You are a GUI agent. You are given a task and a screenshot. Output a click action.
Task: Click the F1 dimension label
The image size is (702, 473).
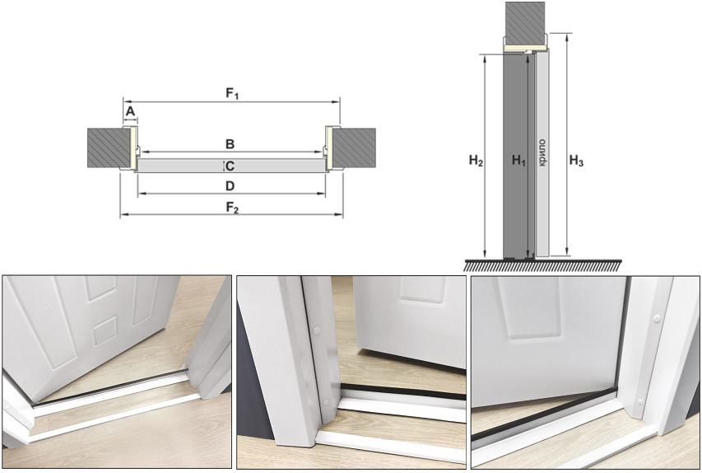pyautogui.click(x=232, y=94)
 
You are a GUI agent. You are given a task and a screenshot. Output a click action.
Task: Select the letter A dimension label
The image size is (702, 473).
pyautogui.click(x=130, y=111)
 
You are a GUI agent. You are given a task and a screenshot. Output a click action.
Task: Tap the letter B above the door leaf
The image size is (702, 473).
pyautogui.click(x=230, y=144)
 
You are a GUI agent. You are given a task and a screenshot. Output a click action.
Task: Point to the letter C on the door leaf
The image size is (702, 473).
pyautogui.click(x=230, y=166)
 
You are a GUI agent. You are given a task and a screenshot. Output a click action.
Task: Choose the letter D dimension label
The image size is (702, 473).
pyautogui.click(x=230, y=185)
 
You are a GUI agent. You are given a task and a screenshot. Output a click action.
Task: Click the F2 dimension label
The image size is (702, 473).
pyautogui.click(x=232, y=208)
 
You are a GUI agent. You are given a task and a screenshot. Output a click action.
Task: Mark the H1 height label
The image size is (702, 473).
pyautogui.click(x=518, y=161)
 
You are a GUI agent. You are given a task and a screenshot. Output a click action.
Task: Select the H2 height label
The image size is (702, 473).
pyautogui.click(x=476, y=161)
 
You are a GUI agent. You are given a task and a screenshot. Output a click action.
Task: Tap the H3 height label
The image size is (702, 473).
pyautogui.click(x=576, y=161)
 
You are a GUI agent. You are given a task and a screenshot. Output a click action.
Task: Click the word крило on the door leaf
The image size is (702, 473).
pyautogui.click(x=542, y=153)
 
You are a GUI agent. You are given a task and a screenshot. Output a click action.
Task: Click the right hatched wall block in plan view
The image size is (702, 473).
pyautogui.click(x=353, y=148)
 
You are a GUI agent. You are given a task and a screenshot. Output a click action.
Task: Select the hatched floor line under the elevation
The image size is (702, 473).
pyautogui.click(x=542, y=265)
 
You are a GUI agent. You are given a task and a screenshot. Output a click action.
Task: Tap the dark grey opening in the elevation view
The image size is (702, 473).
pyautogui.click(x=514, y=156)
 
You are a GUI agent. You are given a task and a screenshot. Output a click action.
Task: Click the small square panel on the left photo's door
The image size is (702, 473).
pyautogui.click(x=105, y=331)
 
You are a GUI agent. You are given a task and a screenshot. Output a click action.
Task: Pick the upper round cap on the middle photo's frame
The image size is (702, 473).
pyautogui.click(x=317, y=331)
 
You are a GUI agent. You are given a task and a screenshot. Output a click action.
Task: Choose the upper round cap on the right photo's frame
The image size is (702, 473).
pyautogui.click(x=657, y=318)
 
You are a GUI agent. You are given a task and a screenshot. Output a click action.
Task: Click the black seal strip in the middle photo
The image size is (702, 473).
pyautogui.click(x=403, y=391)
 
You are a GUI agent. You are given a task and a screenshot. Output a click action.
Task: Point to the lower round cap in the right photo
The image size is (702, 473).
pyautogui.click(x=640, y=401)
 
